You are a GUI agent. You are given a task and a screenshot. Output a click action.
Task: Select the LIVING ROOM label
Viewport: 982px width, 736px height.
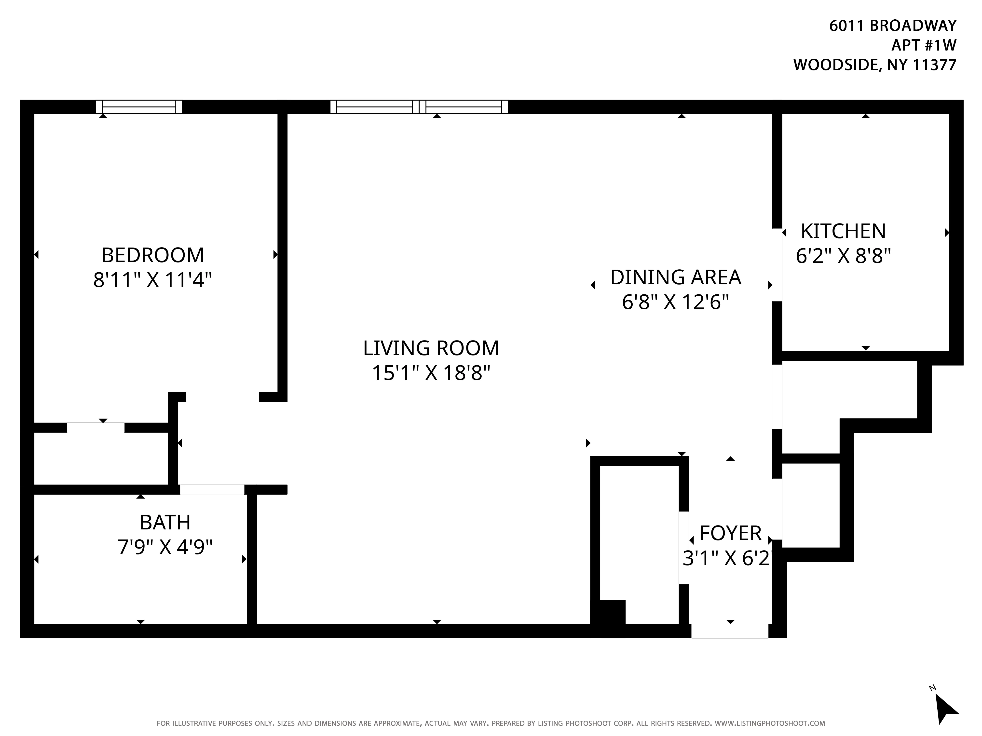click(431, 348)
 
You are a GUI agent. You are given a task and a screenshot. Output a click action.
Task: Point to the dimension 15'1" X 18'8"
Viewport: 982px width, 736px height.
click(431, 373)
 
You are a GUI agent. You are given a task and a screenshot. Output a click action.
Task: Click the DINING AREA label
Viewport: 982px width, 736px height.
click(675, 277)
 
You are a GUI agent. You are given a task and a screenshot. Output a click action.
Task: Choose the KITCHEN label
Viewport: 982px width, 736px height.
click(843, 231)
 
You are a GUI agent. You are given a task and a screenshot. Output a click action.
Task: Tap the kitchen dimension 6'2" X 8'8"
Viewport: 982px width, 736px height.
click(843, 256)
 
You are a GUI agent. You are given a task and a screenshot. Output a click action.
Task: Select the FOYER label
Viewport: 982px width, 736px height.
click(730, 533)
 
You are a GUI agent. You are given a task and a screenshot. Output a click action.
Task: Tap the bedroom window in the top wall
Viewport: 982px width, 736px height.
click(139, 107)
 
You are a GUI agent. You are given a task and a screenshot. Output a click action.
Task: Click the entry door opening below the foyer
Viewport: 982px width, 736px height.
click(729, 631)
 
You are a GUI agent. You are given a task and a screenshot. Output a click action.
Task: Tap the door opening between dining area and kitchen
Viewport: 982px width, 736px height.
click(777, 265)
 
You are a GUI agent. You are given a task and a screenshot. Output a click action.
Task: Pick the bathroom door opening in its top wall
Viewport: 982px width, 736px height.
click(212, 489)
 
